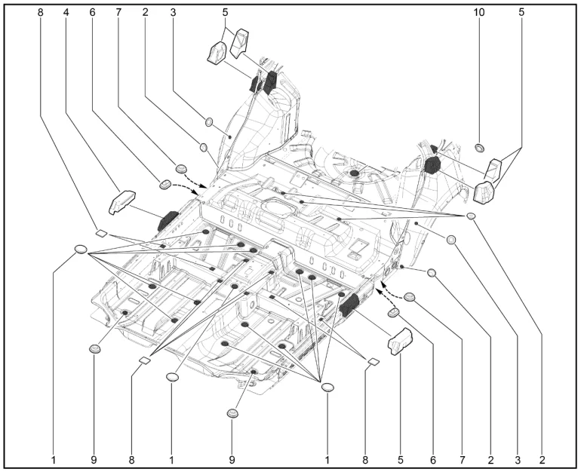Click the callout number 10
click(478, 13)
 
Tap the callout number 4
click(66, 13)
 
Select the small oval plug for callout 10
click(478, 146)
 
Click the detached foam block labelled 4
click(121, 201)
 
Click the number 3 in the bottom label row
click(518, 458)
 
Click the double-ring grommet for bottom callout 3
click(451, 240)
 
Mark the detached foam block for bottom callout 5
click(398, 342)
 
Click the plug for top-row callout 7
click(181, 167)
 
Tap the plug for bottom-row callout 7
click(410, 297)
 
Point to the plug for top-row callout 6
click(164, 183)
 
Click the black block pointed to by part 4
click(168, 220)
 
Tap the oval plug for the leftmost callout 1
click(81, 250)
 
